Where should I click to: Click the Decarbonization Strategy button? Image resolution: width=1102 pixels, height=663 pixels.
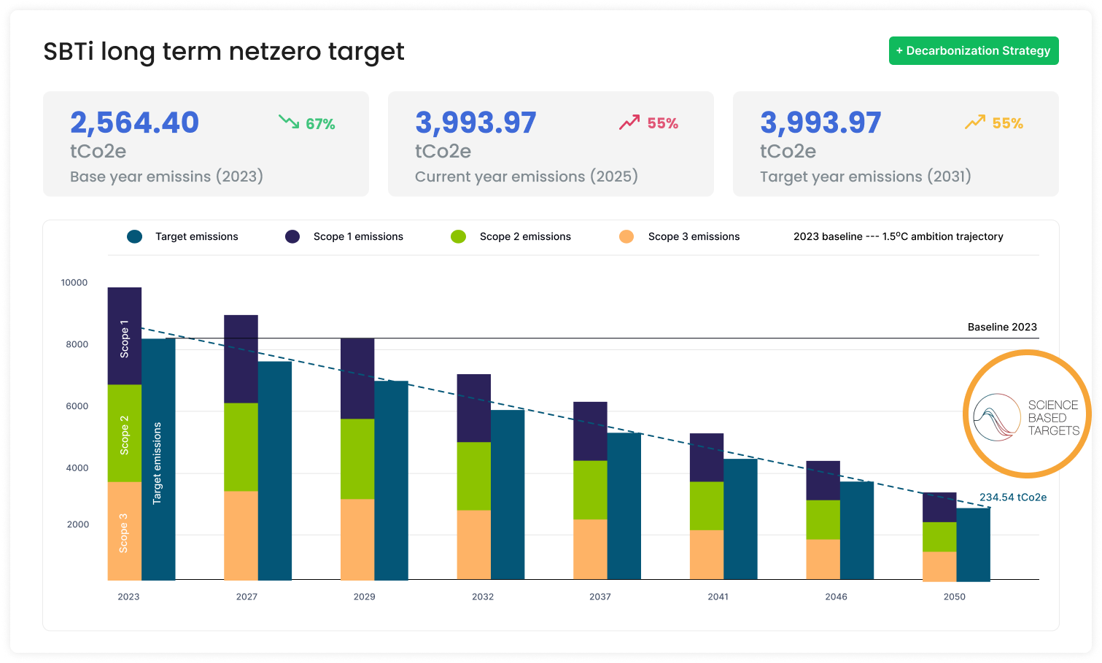(x=973, y=51)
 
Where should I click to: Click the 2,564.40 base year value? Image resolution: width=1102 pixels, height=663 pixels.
(x=134, y=123)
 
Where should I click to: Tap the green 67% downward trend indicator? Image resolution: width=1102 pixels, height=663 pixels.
(x=307, y=123)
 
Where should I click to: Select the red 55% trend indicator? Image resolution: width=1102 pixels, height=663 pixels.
(x=648, y=123)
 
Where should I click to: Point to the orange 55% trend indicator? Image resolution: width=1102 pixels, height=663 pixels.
(x=993, y=123)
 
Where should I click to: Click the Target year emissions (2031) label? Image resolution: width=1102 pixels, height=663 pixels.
(x=865, y=177)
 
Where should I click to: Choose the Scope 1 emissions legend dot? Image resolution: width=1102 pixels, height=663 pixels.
(x=292, y=236)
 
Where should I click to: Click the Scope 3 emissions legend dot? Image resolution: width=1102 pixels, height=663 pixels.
(x=626, y=236)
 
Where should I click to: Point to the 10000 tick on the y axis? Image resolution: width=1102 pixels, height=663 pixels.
(x=74, y=282)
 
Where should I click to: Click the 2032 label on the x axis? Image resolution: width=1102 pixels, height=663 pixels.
(x=482, y=597)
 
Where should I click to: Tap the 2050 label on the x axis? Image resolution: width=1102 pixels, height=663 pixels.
(x=954, y=597)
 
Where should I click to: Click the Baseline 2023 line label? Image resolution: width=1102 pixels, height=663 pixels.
(x=1001, y=327)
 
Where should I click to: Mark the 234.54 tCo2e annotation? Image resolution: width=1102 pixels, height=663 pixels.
(x=1012, y=497)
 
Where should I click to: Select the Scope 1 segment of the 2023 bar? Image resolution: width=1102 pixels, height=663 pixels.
(x=124, y=336)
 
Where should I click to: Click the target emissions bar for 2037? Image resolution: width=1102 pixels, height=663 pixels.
(x=624, y=505)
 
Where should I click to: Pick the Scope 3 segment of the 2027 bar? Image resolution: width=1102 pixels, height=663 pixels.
(x=241, y=535)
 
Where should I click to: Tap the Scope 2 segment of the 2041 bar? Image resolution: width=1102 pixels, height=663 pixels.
(x=706, y=505)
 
